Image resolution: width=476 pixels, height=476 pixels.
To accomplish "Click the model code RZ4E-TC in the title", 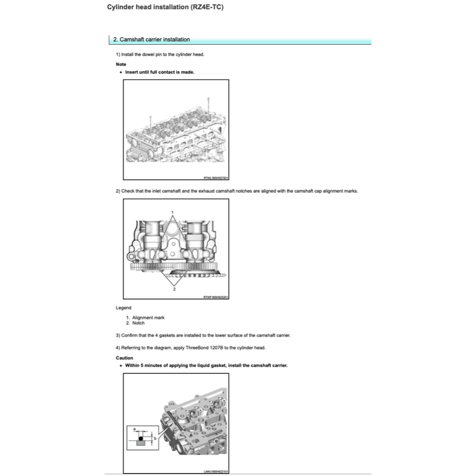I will pyautogui.click(x=206, y=7).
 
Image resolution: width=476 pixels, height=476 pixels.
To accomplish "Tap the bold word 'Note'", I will pyautogui.click(x=121, y=64).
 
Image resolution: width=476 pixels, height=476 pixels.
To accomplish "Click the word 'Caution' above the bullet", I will pyautogui.click(x=124, y=358).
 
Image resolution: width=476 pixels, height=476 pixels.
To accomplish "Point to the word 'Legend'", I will pyautogui.click(x=123, y=308).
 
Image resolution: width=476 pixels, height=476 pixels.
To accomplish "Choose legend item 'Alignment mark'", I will pyautogui.click(x=148, y=317).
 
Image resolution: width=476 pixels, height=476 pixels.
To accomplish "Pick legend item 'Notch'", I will pyautogui.click(x=138, y=323).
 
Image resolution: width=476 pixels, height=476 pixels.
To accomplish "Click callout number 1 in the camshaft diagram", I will pyautogui.click(x=173, y=212).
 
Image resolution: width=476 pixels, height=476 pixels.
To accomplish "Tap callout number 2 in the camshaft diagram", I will pyautogui.click(x=174, y=289).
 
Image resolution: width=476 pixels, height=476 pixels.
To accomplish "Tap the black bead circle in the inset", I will pyautogui.click(x=140, y=438).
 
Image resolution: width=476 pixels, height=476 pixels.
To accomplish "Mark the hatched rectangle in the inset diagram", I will pyautogui.click(x=140, y=443).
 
